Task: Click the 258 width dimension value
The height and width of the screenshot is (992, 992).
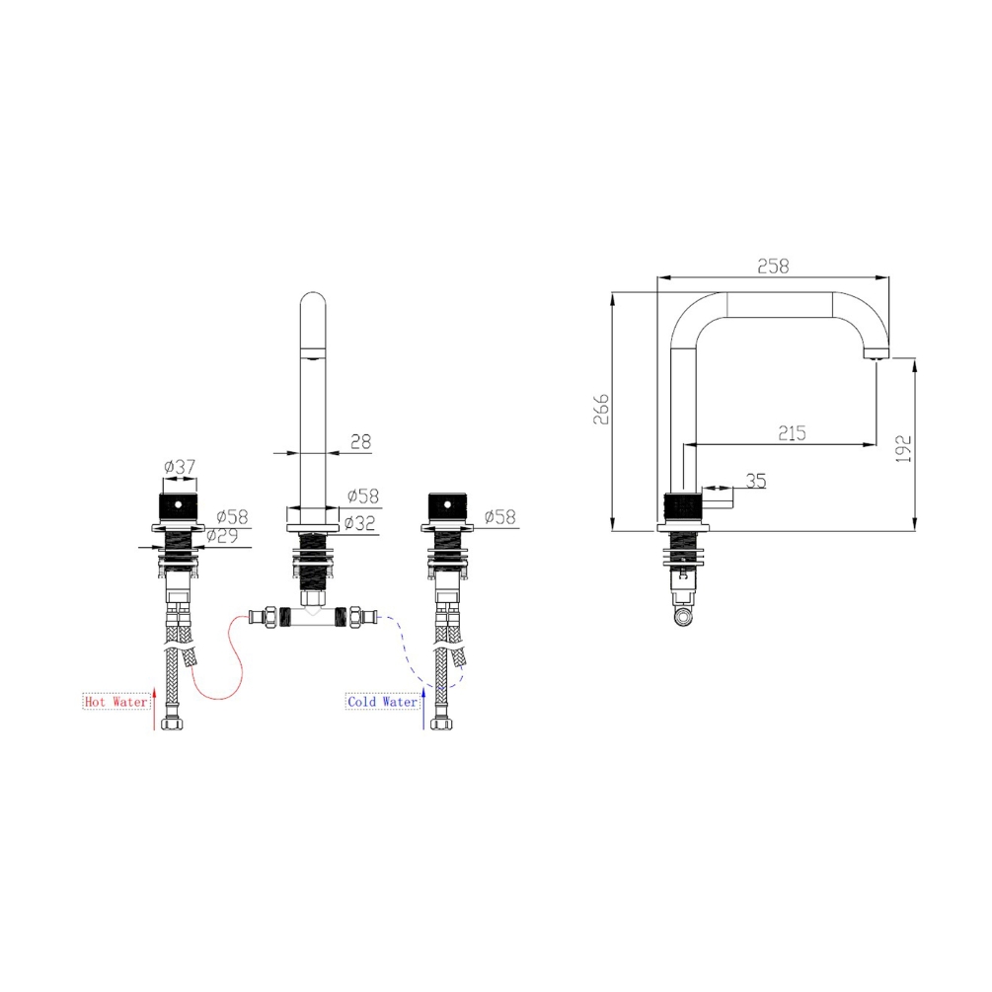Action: point(773,267)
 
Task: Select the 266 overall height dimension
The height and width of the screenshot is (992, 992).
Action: point(601,409)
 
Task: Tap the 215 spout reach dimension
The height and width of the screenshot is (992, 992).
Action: point(792,433)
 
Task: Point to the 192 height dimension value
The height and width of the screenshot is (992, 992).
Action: point(903,448)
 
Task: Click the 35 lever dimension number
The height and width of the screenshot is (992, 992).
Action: point(756,481)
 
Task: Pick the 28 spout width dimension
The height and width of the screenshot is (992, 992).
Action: point(360,441)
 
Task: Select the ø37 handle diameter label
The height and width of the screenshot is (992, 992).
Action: point(180,467)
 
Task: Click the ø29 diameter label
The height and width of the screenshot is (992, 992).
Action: point(222,536)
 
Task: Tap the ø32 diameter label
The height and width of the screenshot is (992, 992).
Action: point(359,523)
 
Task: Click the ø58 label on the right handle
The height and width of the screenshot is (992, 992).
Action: point(500,517)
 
